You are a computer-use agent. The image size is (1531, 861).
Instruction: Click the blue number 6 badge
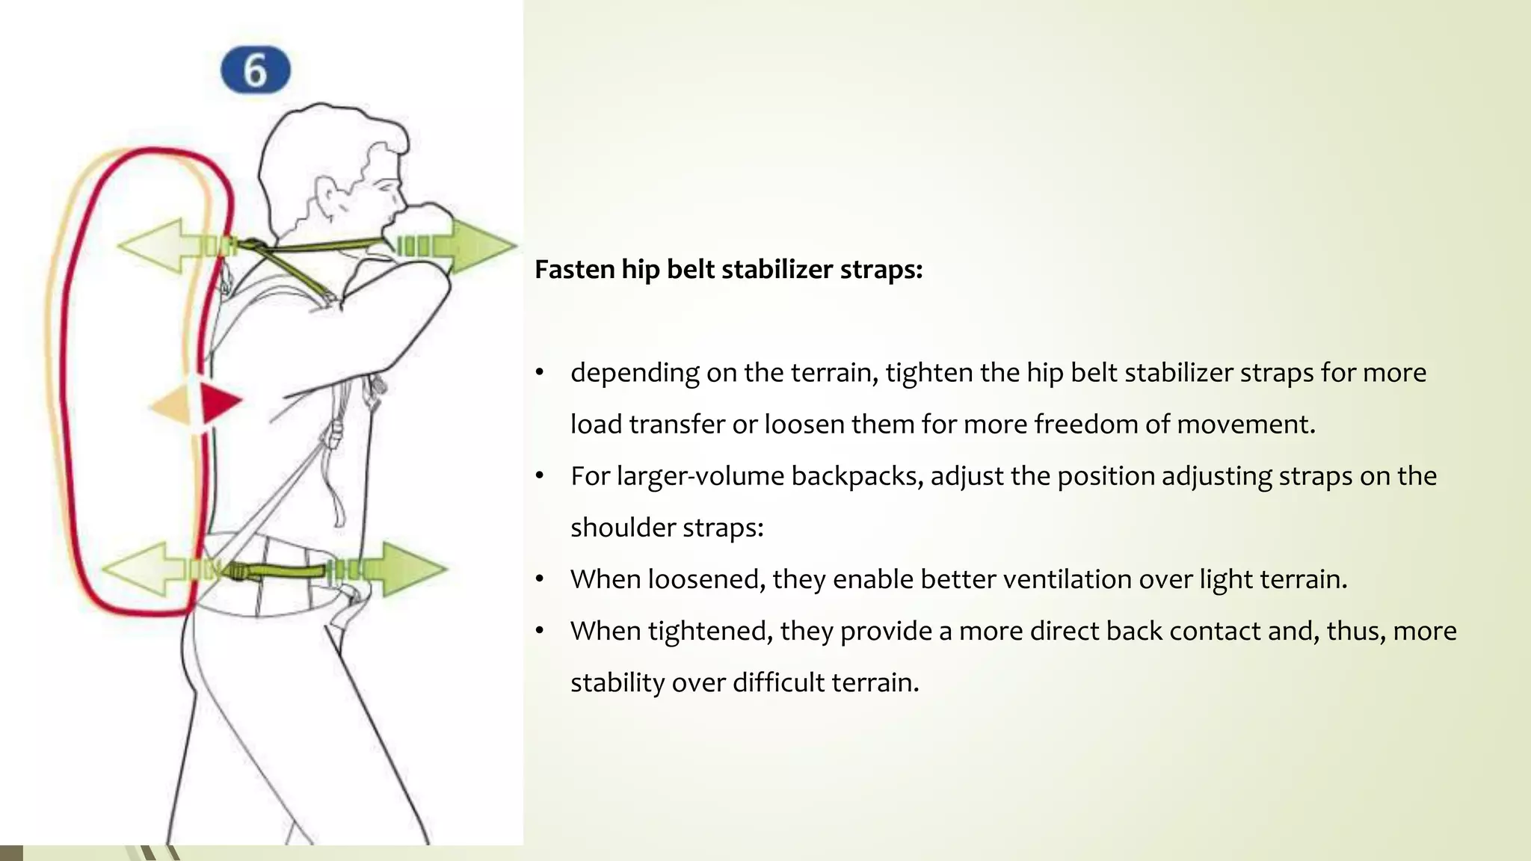coord(256,70)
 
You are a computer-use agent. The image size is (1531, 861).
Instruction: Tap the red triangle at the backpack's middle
coord(219,401)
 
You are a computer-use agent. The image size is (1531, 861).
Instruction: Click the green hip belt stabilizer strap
coord(284,573)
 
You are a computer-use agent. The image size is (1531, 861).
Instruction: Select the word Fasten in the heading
coord(574,269)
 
